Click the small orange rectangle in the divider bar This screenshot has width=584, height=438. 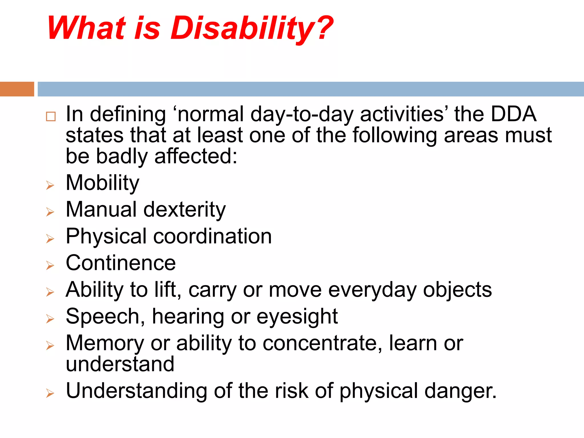(x=17, y=89)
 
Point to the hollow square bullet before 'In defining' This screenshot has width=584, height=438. (x=51, y=117)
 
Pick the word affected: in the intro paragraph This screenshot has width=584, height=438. (x=196, y=156)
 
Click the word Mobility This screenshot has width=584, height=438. (x=102, y=183)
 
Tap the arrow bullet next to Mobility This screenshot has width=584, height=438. (x=50, y=185)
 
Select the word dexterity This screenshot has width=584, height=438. (x=184, y=210)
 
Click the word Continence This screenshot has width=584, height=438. (x=121, y=263)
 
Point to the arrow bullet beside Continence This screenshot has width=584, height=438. (x=50, y=265)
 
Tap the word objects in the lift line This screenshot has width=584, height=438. (x=457, y=290)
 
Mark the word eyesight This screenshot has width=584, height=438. (x=297, y=317)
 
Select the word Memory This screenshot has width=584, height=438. (x=105, y=343)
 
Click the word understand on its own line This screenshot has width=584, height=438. (x=120, y=364)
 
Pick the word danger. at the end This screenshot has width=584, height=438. (x=460, y=391)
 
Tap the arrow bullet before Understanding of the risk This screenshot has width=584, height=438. (x=50, y=393)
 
